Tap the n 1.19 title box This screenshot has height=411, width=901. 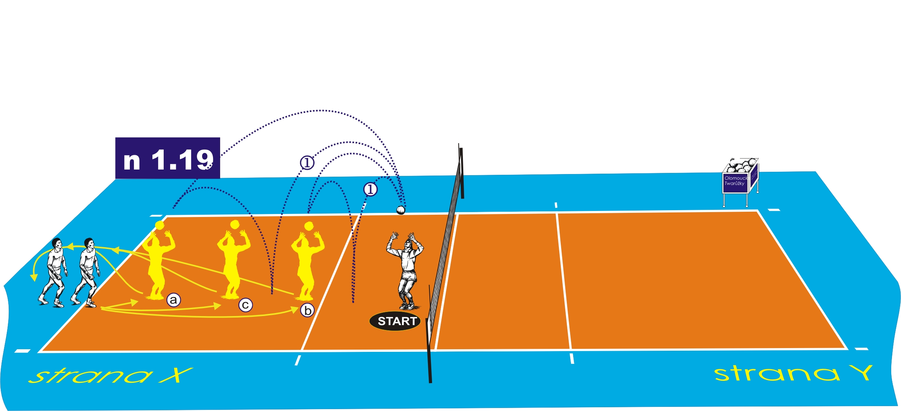(167, 158)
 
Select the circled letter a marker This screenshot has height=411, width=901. (174, 300)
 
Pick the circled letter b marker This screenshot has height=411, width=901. (307, 310)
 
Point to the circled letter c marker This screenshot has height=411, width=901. (245, 305)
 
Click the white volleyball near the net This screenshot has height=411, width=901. (401, 210)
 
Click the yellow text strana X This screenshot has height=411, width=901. (109, 376)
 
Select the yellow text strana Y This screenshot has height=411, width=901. (793, 373)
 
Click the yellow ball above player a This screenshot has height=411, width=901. (160, 225)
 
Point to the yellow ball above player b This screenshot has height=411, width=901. (309, 226)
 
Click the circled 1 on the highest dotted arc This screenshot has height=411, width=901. (307, 163)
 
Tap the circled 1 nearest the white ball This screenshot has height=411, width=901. (370, 189)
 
